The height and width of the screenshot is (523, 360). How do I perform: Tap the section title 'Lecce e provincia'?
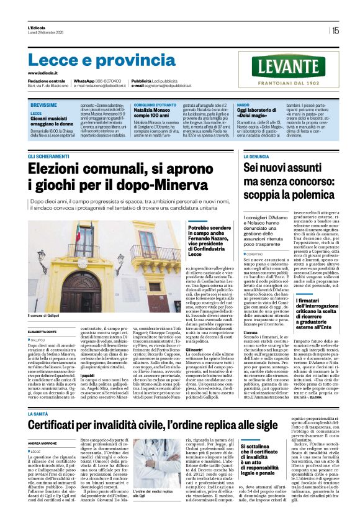coord(93,60)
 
